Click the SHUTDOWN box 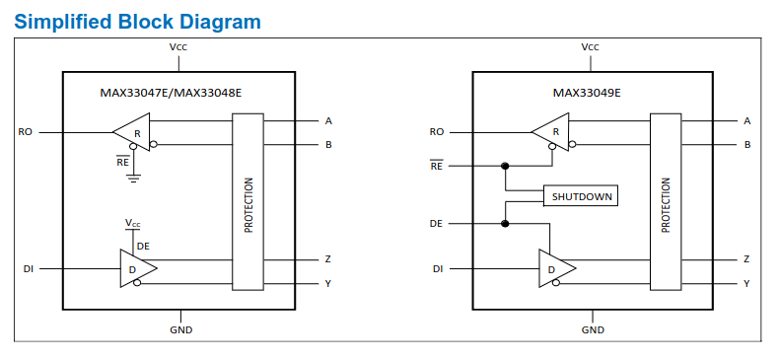581,196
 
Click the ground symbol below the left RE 133,178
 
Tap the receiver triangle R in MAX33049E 550,132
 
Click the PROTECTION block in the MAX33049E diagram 666,202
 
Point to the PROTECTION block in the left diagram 248,202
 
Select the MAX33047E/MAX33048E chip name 171,93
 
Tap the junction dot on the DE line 505,224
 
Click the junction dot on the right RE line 505,166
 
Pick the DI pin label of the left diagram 29,269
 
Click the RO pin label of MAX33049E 437,132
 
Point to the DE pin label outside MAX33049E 436,224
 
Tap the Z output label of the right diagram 746,259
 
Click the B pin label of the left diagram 328,145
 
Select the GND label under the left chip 181,330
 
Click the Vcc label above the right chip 591,47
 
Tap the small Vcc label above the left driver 133,224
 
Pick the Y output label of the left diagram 328,283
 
